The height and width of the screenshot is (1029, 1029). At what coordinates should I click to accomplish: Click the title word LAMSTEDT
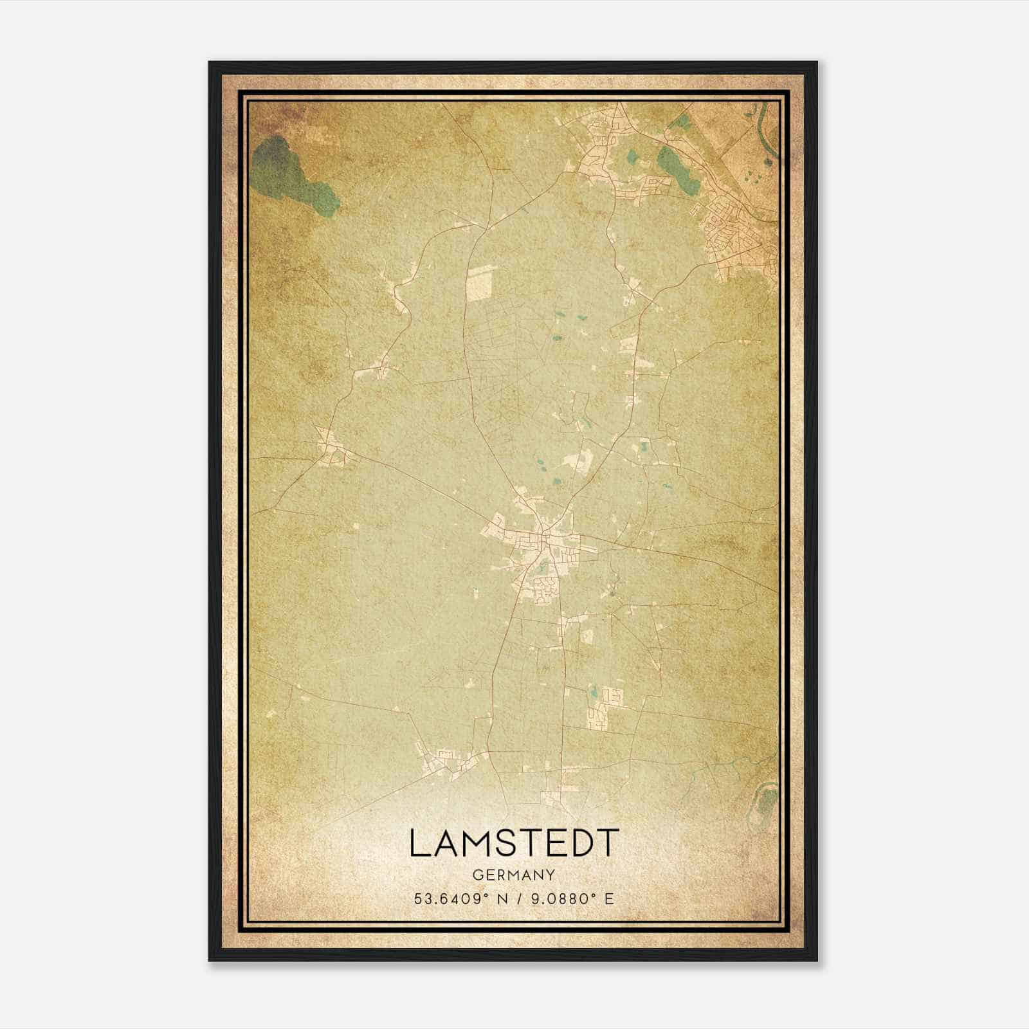click(514, 843)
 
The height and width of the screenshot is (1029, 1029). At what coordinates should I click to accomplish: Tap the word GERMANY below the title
click(514, 875)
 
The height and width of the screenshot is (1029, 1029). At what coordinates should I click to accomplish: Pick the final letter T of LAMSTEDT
click(608, 843)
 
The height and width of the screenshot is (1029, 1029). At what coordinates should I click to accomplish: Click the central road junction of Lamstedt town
click(543, 533)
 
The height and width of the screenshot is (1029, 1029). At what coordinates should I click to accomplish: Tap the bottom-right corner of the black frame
click(816, 960)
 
